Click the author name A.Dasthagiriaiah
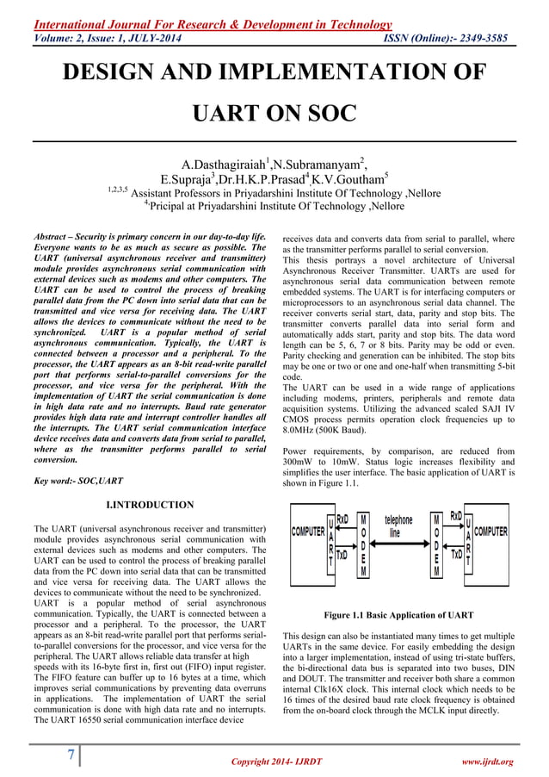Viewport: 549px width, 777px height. [x=222, y=164]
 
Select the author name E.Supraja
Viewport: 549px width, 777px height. [x=204, y=179]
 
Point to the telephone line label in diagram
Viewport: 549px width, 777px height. [x=398, y=525]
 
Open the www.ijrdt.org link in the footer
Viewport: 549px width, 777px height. [x=486, y=761]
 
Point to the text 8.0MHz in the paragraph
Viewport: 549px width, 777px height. [x=303, y=425]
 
